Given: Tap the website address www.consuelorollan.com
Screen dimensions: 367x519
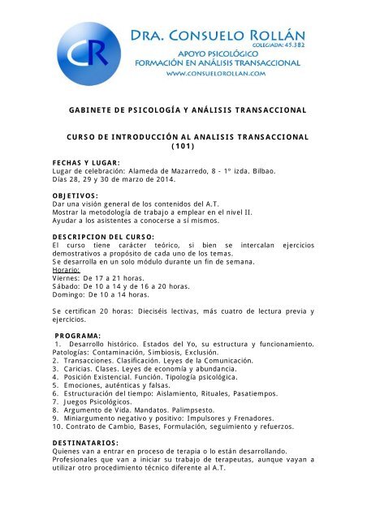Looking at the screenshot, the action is [x=218, y=74].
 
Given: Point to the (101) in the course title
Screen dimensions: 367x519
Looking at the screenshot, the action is [x=183, y=148].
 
